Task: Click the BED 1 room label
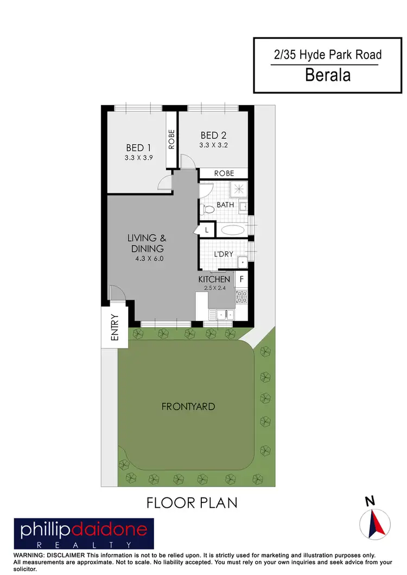[138, 147]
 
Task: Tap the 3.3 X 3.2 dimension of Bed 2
[213, 145]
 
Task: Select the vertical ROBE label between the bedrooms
[171, 139]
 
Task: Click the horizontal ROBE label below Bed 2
[224, 173]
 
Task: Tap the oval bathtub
[233, 230]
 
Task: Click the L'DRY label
[223, 254]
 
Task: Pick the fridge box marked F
[241, 280]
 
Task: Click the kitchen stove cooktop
[241, 296]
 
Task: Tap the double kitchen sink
[224, 314]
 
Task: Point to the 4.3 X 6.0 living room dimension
[149, 259]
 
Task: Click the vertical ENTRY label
[115, 327]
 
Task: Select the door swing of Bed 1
[165, 183]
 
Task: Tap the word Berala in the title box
[328, 74]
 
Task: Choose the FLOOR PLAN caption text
[192, 502]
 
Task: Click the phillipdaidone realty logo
[84, 533]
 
